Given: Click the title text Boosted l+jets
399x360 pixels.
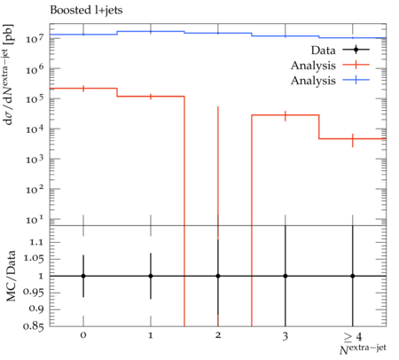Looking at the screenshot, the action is point(86,11).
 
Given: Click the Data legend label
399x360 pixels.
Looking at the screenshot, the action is point(323,51).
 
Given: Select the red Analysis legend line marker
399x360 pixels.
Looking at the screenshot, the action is point(356,65).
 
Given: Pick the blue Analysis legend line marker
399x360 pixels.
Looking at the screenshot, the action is point(356,80).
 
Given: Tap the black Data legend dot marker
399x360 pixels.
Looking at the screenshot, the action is point(356,50).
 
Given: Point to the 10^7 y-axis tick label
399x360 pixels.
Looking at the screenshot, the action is point(35,38).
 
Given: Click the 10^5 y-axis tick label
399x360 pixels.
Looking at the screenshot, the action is point(35,98).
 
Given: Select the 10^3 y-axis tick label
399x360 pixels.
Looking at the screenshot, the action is point(35,159).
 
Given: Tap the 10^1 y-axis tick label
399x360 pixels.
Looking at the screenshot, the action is point(35,219).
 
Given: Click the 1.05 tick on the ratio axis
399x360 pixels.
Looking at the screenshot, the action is point(33,259).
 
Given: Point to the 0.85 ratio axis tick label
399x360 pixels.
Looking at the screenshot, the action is point(33,326).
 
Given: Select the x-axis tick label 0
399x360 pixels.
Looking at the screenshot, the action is point(83,335).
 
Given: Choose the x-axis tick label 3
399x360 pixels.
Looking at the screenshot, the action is point(285,336).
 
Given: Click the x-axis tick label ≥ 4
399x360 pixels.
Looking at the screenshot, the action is point(352,336).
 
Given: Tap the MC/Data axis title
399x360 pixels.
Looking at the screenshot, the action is point(11,276).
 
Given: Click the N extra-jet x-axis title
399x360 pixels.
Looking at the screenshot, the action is point(363,349).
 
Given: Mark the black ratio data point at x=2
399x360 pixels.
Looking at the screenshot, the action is point(218,276).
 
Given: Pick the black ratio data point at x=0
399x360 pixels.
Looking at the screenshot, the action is point(83,276).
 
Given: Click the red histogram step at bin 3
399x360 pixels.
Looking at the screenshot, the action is point(286,115).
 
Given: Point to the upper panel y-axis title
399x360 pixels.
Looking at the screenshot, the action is point(9,74).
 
